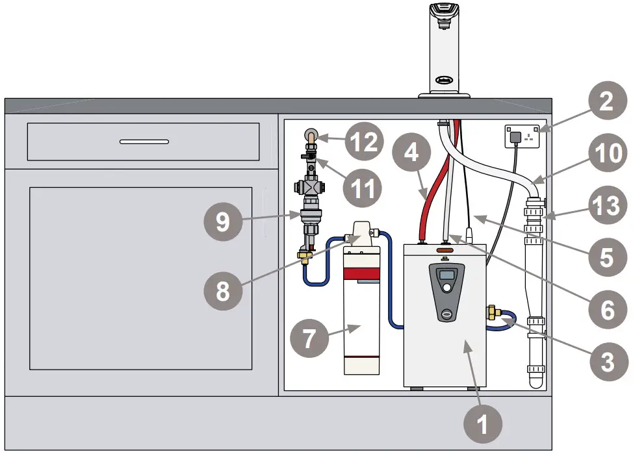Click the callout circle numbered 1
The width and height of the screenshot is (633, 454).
click(x=482, y=425)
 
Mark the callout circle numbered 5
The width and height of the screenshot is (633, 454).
click(x=606, y=257)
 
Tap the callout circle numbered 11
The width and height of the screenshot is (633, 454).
click(x=365, y=188)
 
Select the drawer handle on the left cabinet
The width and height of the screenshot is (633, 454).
click(x=144, y=141)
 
